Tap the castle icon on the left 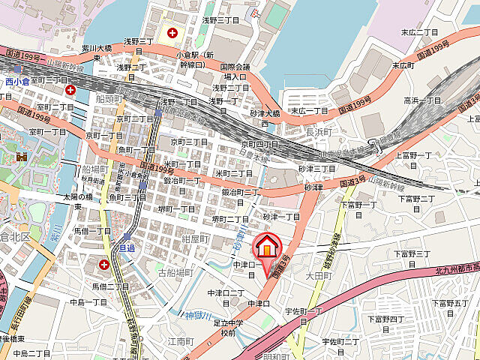tap(20, 157)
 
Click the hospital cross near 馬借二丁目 tap(103, 265)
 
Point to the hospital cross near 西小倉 tap(70, 90)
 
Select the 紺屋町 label tap(195, 238)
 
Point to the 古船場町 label tap(175, 273)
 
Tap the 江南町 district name tap(181, 340)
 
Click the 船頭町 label tap(109, 98)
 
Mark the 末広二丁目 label tap(418, 32)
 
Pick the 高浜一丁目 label tap(423, 100)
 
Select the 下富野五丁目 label tap(450, 303)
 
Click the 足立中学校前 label tap(229, 327)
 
